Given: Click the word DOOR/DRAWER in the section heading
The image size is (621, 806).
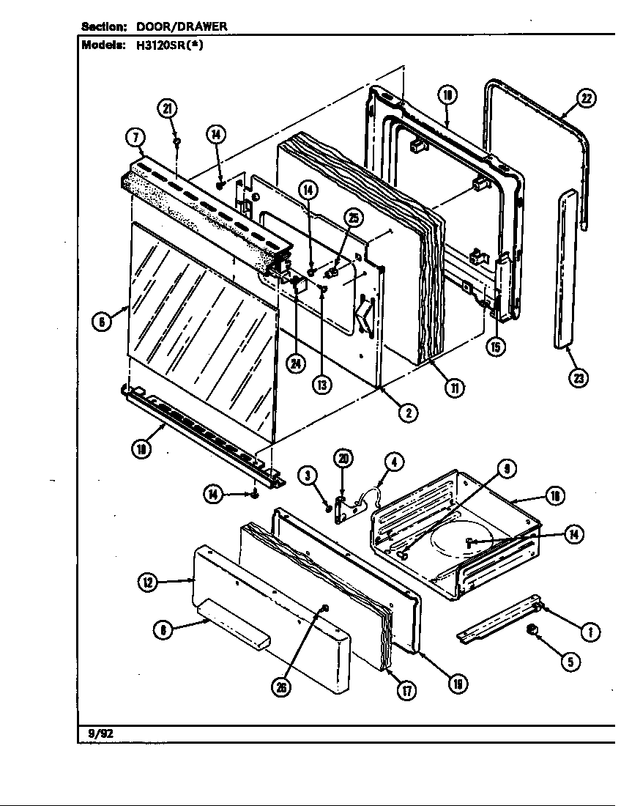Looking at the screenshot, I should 182,26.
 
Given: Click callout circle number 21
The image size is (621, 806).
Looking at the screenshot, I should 168,109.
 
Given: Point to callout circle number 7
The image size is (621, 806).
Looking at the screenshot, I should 136,138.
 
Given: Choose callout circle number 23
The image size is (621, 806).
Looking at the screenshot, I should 580,378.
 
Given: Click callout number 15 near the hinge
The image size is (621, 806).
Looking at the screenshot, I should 496,346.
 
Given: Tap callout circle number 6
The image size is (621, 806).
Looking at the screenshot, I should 103,321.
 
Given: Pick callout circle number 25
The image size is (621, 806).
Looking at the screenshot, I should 354,218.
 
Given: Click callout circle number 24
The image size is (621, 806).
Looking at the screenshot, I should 296,364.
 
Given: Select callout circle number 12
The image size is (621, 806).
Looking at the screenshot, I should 149,583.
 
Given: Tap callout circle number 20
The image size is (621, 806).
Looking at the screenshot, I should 343,459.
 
